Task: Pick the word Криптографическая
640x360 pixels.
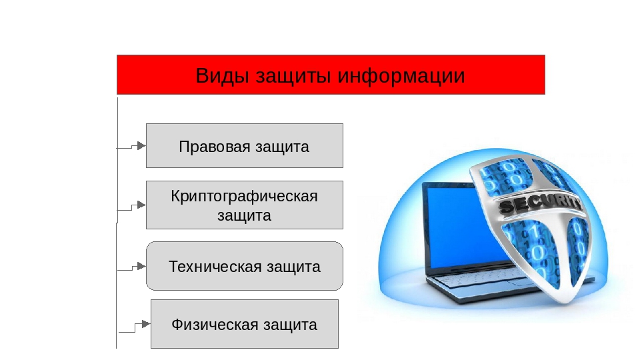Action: pos(244,196)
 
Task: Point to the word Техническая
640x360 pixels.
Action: pos(215,267)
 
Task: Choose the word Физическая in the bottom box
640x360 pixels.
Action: pos(215,325)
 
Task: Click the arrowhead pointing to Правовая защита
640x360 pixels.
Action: pos(141,145)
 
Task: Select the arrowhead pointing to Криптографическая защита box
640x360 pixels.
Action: pos(141,205)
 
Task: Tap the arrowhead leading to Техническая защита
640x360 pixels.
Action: pos(141,266)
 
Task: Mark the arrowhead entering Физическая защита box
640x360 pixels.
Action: pos(146,324)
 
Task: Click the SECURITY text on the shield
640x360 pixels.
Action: pos(539,204)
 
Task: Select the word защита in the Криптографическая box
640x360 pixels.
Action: pos(244,215)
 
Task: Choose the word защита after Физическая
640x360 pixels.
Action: pos(290,325)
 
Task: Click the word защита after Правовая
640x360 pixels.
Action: pos(282,147)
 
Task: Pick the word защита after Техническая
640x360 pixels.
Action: pos(293,267)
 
